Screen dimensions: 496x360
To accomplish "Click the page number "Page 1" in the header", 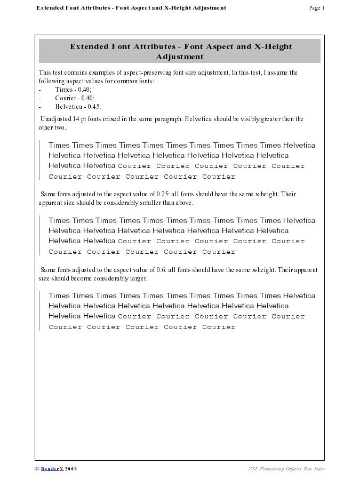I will tap(316, 8).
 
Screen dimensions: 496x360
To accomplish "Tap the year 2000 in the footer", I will tap(71, 469).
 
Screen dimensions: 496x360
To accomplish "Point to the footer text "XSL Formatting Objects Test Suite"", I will tap(286, 469).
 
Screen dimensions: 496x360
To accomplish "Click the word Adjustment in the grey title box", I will tap(180, 57).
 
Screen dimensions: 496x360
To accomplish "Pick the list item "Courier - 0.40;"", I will tap(75, 98).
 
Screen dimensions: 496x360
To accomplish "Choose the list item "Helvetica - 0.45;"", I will tap(78, 107).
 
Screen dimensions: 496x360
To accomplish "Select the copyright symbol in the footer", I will tap(37, 469).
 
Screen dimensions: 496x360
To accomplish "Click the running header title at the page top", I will tap(131, 8).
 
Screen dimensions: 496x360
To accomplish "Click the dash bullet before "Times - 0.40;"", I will tap(40, 90).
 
